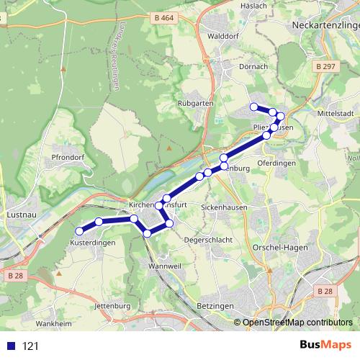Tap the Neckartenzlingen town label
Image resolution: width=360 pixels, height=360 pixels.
[325, 25]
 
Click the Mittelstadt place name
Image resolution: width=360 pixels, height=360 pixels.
[336, 114]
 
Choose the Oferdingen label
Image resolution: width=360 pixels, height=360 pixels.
[276, 163]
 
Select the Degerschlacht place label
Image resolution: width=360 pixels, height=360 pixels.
[208, 240]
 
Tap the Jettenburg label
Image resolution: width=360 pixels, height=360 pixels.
[112, 306]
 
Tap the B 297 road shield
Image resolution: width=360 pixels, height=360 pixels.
[325, 66]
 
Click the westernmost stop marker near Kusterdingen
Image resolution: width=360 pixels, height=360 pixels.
[79, 231]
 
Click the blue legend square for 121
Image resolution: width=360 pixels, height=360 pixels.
[12, 346]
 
